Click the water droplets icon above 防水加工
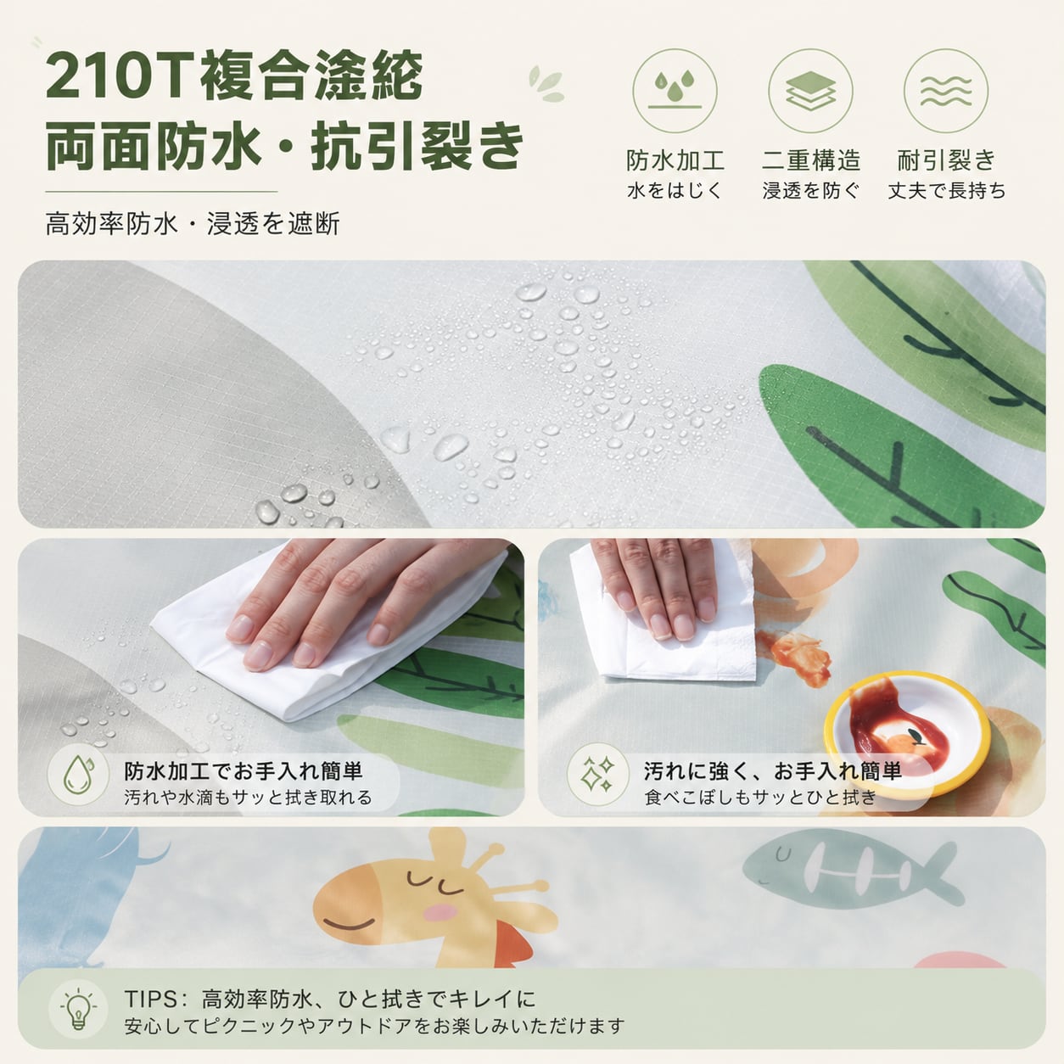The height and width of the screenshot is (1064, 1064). pyautogui.click(x=675, y=91)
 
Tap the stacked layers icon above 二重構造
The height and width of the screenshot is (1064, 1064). pyautogui.click(x=810, y=91)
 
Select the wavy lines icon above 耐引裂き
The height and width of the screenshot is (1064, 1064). pyautogui.click(x=946, y=91)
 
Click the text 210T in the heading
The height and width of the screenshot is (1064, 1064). pyautogui.click(x=118, y=76)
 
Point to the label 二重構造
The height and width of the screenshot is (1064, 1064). pyautogui.click(x=811, y=160)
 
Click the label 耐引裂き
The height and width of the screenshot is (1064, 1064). pyautogui.click(x=946, y=160)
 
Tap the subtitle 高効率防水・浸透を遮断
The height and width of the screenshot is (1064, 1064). pyautogui.click(x=193, y=224)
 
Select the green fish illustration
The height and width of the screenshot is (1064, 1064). pyautogui.click(x=848, y=871)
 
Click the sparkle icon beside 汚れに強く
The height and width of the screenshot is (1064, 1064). pyautogui.click(x=598, y=774)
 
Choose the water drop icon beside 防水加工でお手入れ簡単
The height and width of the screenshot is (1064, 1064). pyautogui.click(x=78, y=774)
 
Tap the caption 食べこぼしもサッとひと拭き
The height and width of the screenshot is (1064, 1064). pyautogui.click(x=760, y=797)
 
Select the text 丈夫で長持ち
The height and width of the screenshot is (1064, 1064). pyautogui.click(x=946, y=191)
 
